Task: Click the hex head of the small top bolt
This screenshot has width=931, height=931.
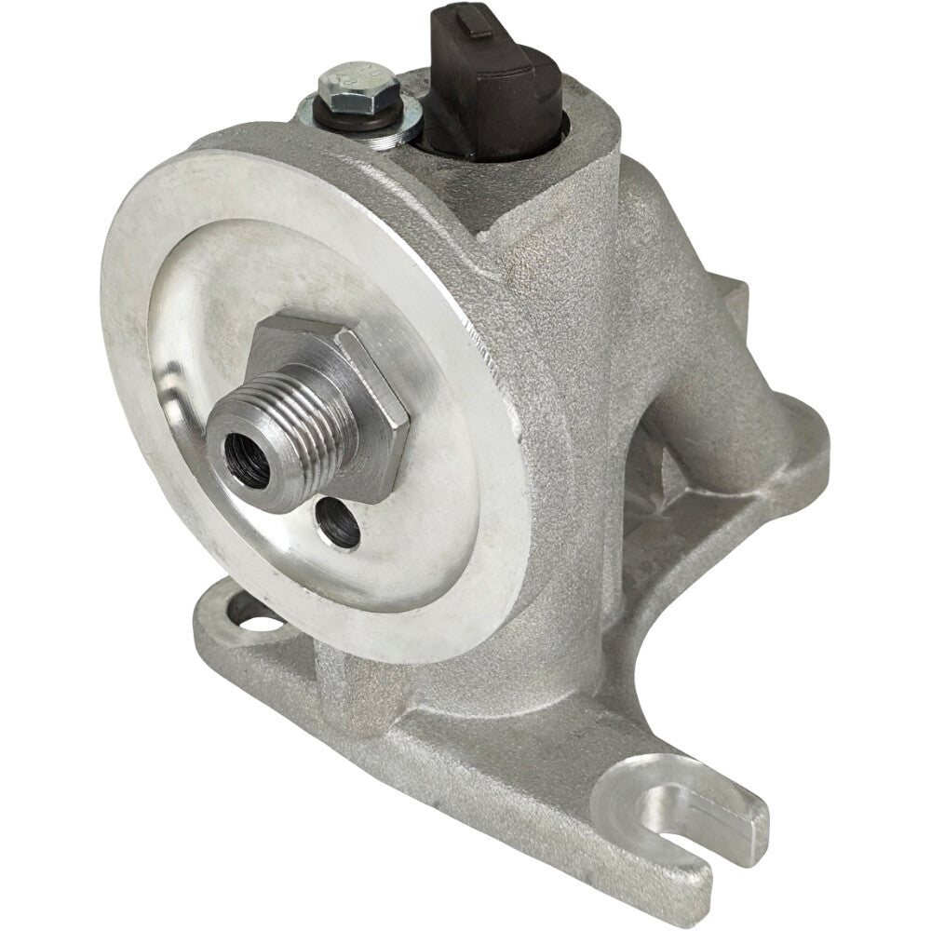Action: pyautogui.click(x=358, y=88)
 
